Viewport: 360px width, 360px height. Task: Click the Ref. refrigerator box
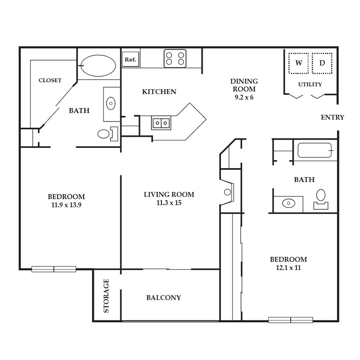(x=130, y=60)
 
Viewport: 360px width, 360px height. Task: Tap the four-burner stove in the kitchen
(x=175, y=58)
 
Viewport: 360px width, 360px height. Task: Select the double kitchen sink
(x=161, y=123)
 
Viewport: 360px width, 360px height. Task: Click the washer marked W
(x=298, y=63)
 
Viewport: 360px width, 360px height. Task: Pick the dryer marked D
(x=322, y=63)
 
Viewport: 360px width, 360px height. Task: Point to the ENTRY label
(x=332, y=117)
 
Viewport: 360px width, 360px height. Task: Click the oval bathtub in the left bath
(x=98, y=66)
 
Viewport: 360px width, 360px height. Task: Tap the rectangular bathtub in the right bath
(x=315, y=150)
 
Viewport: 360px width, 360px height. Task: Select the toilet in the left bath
(x=108, y=134)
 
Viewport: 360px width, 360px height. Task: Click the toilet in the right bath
(x=321, y=199)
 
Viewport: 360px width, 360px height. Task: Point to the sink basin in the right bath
(x=288, y=203)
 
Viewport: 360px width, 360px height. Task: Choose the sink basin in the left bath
(x=111, y=103)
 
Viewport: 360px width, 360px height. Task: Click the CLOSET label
(x=50, y=80)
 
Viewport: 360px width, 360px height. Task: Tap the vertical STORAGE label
(x=106, y=296)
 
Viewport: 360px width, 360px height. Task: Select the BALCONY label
(x=164, y=298)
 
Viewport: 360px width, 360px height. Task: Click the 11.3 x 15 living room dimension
(x=169, y=203)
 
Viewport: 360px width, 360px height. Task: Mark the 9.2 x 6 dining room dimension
(x=244, y=97)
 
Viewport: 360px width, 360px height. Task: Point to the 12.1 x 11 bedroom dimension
(x=288, y=268)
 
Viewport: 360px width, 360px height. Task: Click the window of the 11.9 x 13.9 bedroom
(x=54, y=269)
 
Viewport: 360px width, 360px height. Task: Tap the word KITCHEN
(x=159, y=92)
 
